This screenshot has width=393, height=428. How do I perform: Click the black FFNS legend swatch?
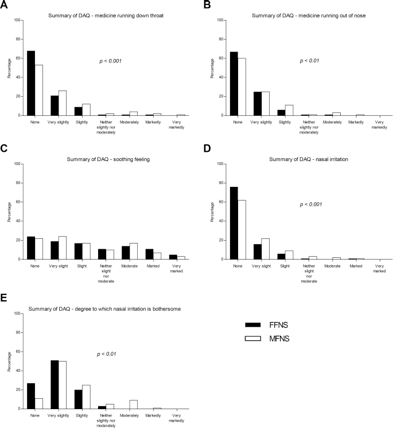(x=253, y=325)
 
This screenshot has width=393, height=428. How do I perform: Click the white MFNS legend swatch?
(x=253, y=339)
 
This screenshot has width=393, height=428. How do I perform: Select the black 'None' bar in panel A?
(x=31, y=83)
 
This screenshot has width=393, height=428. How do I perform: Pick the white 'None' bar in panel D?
(x=242, y=230)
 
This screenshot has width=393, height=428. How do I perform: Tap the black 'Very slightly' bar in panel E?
(x=55, y=384)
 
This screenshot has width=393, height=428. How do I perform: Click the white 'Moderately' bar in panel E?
(x=133, y=405)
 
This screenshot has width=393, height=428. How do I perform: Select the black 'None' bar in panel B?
(x=234, y=84)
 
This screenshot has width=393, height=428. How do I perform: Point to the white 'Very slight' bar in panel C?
(x=63, y=248)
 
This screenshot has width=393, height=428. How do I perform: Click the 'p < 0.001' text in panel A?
(x=110, y=61)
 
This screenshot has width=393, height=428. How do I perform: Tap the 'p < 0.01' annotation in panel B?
(x=310, y=61)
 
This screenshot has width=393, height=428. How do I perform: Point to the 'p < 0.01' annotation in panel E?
(x=107, y=354)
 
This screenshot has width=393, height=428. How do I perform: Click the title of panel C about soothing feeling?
(x=108, y=159)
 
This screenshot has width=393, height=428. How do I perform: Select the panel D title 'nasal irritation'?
(x=309, y=159)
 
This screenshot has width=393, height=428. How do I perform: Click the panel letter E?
(x=3, y=297)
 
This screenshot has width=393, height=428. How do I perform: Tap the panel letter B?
(x=207, y=5)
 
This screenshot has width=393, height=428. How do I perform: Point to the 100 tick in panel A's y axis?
(x=17, y=20)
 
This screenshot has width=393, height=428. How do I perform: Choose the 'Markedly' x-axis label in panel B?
(x=356, y=122)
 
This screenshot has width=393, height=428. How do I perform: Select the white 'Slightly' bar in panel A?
(x=86, y=110)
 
